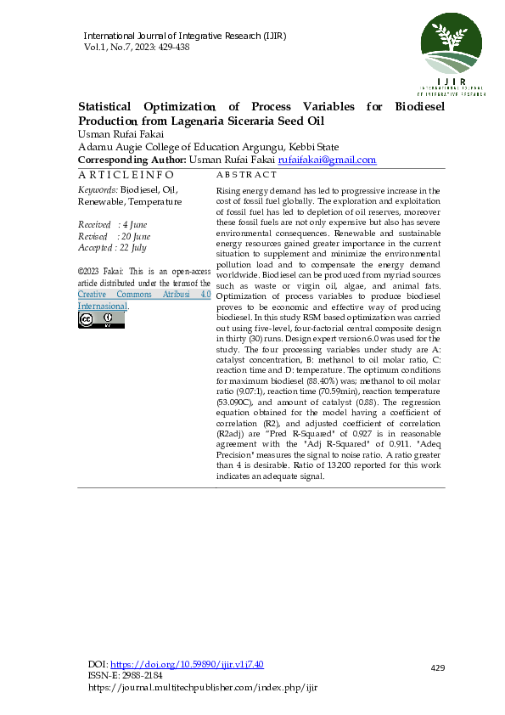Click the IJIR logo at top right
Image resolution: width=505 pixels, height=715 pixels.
click(452, 51)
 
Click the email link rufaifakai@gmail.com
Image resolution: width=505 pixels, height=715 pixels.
click(327, 160)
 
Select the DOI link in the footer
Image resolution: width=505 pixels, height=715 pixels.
click(188, 664)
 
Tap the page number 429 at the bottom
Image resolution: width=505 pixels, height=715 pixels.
click(438, 669)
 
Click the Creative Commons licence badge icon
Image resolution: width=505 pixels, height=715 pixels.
click(101, 319)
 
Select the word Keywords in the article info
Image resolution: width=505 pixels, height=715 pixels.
click(97, 191)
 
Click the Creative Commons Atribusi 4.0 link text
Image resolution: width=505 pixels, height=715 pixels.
click(139, 294)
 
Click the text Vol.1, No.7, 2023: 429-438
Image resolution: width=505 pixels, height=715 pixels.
click(137, 48)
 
